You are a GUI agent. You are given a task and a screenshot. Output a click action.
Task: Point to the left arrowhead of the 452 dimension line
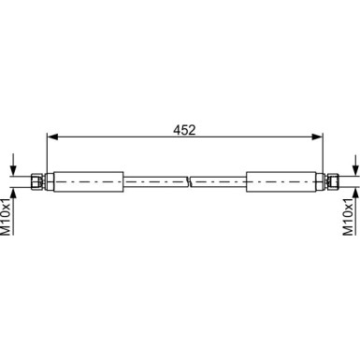pos(50,138)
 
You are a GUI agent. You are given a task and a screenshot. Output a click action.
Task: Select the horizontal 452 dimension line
pos(112,138)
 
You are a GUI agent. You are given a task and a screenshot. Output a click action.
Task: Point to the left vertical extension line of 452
pos(46,154)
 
